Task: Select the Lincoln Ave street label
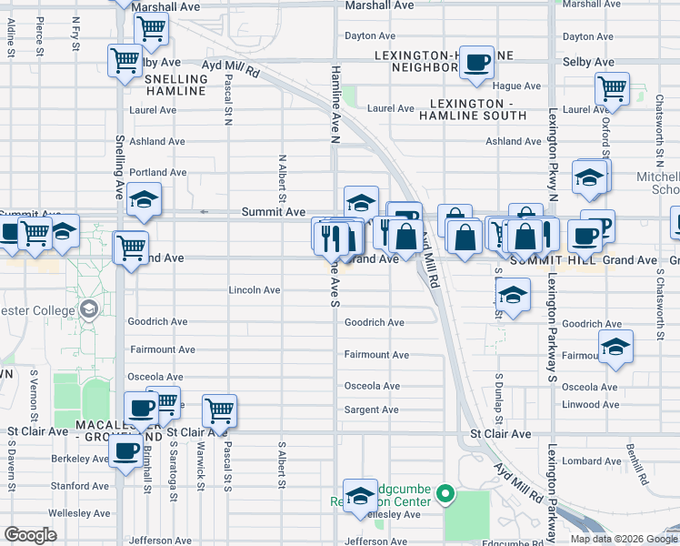tap(255, 290)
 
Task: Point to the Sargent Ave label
tap(372, 410)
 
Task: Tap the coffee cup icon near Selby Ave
tap(475, 62)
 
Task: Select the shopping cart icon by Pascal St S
tap(219, 410)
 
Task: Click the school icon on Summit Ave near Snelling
tap(143, 200)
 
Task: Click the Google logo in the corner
tap(31, 534)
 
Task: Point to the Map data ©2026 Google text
tap(624, 539)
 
